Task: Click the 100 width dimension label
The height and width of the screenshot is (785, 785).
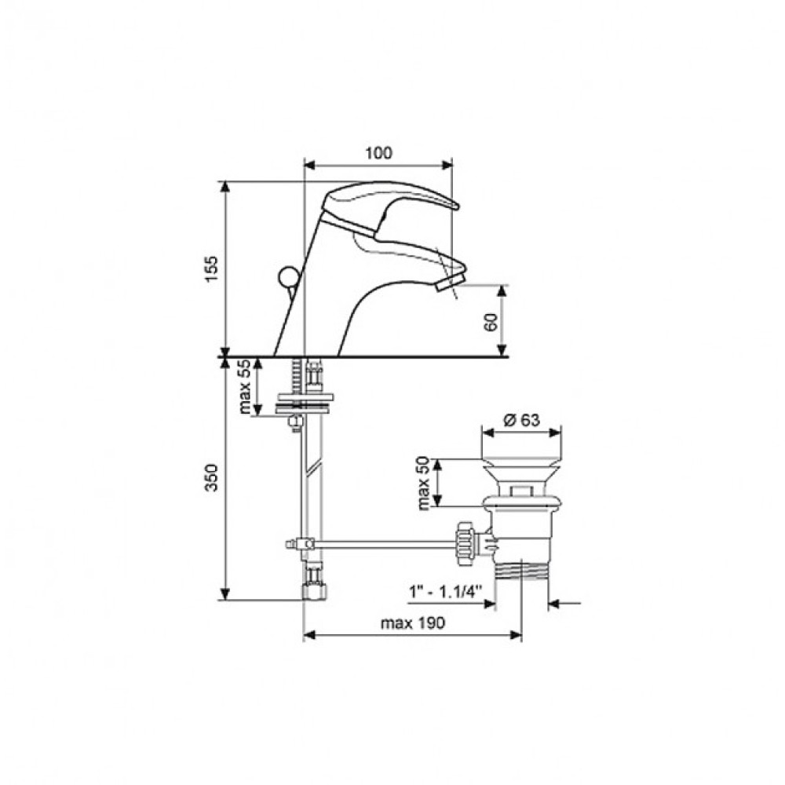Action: pos(378,153)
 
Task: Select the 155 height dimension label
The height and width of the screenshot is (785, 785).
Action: pos(212,268)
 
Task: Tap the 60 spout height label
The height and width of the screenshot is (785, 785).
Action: pos(491,321)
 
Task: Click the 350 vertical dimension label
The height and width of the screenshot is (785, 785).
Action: pos(212,477)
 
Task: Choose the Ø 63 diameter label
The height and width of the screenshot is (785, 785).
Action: pos(521,419)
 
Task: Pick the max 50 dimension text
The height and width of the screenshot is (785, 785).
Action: pos(424,483)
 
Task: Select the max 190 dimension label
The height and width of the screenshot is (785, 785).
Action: pos(413,623)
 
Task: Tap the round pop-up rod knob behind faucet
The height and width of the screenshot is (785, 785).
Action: pos(287,277)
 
